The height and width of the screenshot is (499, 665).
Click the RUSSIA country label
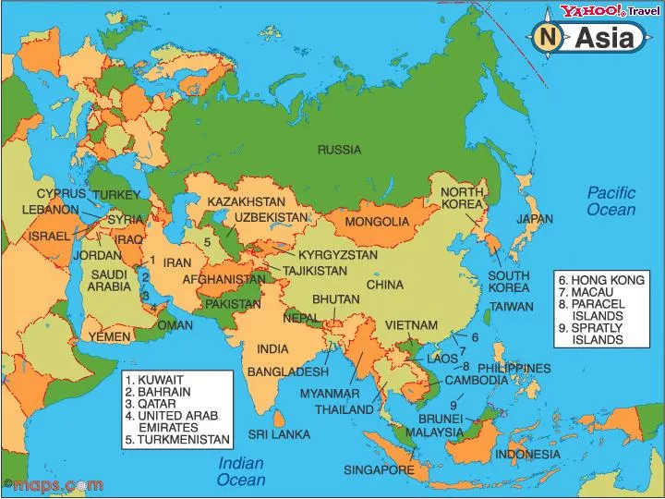339,150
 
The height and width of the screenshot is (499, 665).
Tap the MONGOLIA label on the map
377,222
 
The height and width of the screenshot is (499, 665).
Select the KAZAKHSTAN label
246,201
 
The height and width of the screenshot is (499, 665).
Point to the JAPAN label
535,219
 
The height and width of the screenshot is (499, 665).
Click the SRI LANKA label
278,433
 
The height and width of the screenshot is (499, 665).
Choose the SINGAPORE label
379,469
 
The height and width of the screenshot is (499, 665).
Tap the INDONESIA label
527,455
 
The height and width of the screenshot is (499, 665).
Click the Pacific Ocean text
611,201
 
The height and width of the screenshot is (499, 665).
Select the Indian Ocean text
241,471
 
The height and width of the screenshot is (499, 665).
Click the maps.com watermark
53,484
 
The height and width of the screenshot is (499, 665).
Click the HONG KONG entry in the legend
607,279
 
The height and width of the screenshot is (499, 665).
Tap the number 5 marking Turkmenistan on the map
208,242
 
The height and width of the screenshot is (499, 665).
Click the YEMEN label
110,337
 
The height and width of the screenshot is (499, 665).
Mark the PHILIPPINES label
514,368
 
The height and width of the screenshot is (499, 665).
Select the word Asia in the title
605,38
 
